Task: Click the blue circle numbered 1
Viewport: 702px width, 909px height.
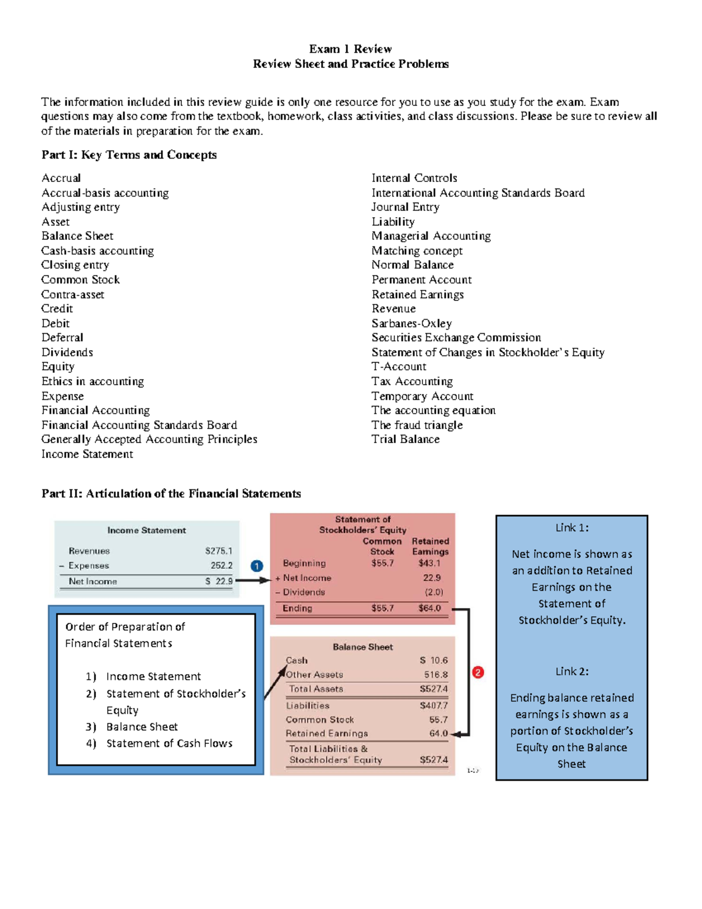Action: (x=257, y=566)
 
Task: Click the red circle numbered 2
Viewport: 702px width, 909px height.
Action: (x=478, y=673)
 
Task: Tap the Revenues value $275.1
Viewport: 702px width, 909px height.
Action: (x=219, y=551)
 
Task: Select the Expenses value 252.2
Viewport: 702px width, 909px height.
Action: (x=221, y=565)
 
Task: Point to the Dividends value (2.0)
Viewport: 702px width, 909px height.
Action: (x=433, y=592)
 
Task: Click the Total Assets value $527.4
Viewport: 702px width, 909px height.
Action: (x=433, y=689)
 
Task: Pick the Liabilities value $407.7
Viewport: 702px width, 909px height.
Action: (x=433, y=705)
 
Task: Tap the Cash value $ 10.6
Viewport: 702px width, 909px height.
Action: (x=433, y=660)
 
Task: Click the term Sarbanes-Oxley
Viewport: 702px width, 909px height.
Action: (x=412, y=323)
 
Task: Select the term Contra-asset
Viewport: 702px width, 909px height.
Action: (x=73, y=294)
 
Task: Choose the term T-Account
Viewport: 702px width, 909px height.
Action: (x=399, y=366)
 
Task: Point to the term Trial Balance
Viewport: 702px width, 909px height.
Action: (x=405, y=439)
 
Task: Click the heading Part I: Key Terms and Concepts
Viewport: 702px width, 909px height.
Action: (x=129, y=155)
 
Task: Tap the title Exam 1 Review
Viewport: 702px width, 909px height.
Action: (x=350, y=49)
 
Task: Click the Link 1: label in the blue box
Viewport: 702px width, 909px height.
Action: (x=572, y=527)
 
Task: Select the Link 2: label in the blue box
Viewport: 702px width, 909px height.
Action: (x=572, y=671)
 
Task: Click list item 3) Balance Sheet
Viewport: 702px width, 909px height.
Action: (x=142, y=726)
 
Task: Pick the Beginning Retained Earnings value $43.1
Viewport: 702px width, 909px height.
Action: (x=429, y=563)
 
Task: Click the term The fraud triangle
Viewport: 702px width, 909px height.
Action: (x=417, y=425)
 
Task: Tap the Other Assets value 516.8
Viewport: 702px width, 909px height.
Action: (x=436, y=675)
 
